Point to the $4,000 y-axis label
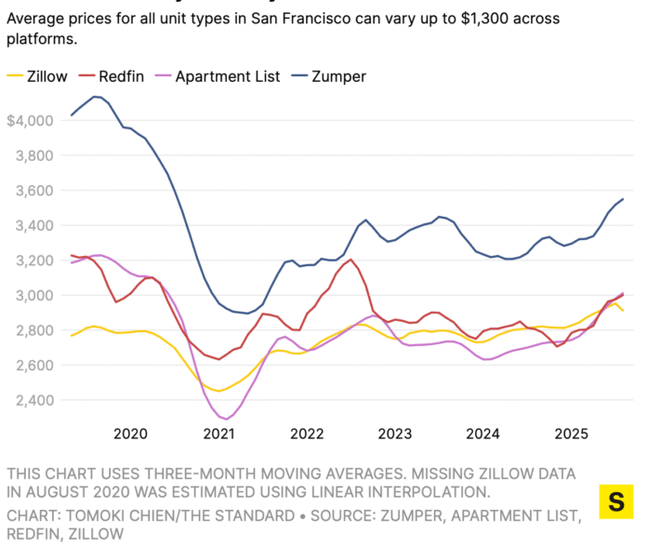(27, 121)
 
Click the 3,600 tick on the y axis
(29, 191)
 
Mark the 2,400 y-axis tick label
(29, 400)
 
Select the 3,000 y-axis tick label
(29, 296)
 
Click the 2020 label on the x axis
(130, 434)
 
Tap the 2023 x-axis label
(395, 434)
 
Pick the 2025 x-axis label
(572, 434)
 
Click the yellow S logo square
(615, 502)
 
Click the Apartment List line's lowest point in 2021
(226, 419)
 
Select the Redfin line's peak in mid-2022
(350, 260)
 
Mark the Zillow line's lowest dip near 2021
(219, 391)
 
